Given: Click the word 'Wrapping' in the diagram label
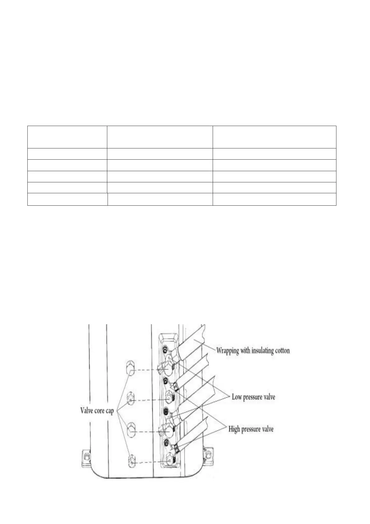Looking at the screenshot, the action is (x=228, y=351).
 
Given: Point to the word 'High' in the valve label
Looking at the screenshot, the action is (x=234, y=429).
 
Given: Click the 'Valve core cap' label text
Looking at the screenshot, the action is (x=97, y=411).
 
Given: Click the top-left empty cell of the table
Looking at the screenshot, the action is (x=67, y=137).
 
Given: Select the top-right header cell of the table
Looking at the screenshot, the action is (x=274, y=137).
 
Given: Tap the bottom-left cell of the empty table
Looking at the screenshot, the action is (x=67, y=199).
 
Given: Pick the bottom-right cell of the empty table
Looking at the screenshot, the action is (x=274, y=199).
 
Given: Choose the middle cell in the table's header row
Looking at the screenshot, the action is (x=160, y=137).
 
